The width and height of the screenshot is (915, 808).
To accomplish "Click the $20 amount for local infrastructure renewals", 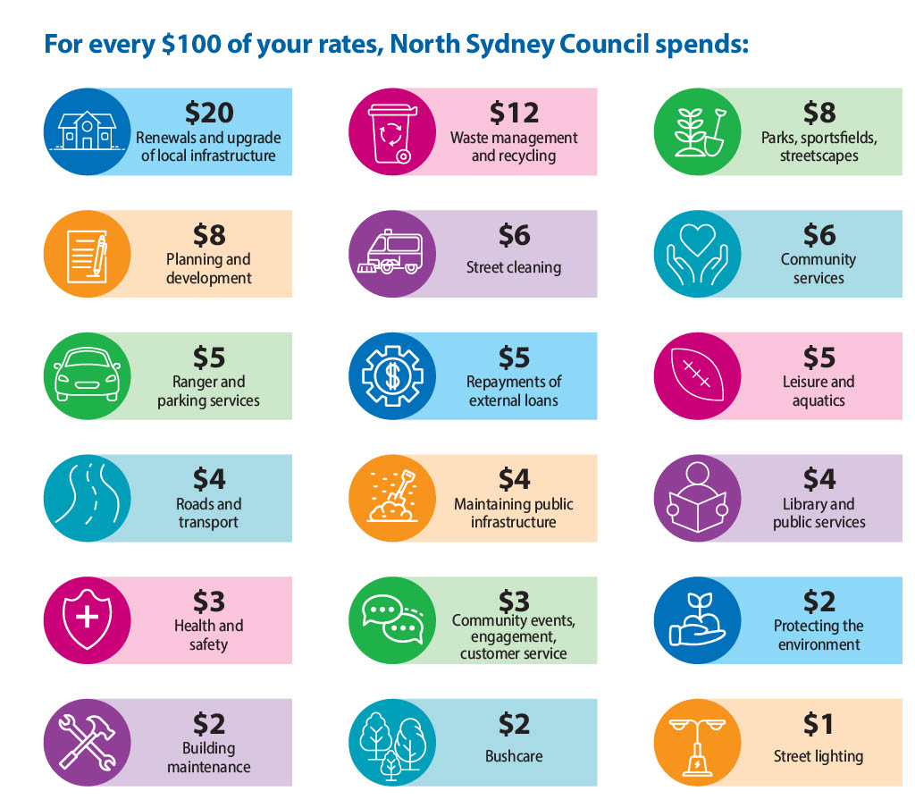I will (209, 113).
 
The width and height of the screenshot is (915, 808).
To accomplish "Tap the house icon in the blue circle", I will (87, 131).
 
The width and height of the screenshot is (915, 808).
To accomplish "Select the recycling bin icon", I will (391, 131).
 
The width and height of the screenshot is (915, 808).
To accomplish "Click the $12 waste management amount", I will (514, 113).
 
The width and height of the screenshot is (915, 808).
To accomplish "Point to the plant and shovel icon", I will (697, 131).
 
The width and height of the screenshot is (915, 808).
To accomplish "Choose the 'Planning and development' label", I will (208, 269).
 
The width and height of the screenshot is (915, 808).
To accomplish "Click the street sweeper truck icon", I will (391, 254).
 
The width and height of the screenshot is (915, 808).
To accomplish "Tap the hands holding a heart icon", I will (697, 254).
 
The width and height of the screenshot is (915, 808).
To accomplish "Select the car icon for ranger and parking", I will (87, 376).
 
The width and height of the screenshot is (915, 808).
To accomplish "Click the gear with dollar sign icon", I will (391, 376).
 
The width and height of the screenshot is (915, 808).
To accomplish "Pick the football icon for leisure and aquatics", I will (697, 376).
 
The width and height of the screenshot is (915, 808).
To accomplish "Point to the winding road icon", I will (87, 498).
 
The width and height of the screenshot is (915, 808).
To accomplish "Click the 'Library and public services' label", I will (818, 513).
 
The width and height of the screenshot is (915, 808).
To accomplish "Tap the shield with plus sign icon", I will (87, 619).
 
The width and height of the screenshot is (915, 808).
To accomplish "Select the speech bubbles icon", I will (391, 619).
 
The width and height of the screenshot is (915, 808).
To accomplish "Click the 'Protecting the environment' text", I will (818, 635).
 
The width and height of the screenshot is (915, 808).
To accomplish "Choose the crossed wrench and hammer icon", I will (87, 742).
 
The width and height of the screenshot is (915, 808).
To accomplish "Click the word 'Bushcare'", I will (514, 756).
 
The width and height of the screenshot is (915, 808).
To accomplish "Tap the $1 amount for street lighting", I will (818, 723).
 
